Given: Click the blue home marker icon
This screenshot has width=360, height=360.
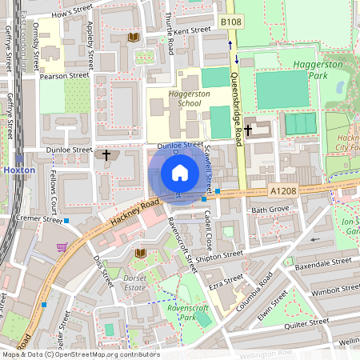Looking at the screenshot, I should click(x=180, y=173).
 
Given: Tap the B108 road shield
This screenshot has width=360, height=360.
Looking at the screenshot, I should click(x=230, y=22).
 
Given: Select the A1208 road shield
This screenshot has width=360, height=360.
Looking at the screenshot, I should click(x=283, y=191).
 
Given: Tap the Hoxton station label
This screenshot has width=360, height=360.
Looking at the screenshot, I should click(x=19, y=170).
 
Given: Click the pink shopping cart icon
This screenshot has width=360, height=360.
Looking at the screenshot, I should click(x=62, y=247).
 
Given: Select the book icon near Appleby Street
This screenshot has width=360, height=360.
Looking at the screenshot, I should click(x=133, y=38).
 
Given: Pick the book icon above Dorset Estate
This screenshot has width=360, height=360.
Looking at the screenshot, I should click(x=141, y=253).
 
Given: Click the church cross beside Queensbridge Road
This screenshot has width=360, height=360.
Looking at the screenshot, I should click(x=249, y=130).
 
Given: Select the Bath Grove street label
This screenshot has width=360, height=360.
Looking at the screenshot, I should click(x=270, y=210).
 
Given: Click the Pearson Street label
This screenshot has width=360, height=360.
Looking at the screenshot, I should click(x=66, y=75).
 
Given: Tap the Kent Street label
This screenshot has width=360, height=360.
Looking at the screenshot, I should click(x=191, y=30).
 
